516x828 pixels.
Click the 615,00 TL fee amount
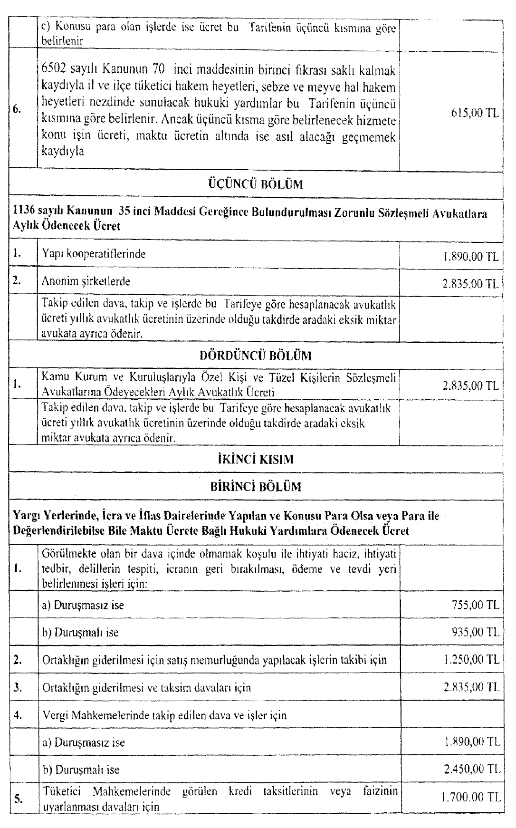click(x=473, y=114)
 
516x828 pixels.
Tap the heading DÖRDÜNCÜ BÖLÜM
click(x=256, y=356)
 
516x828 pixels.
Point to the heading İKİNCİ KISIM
click(x=256, y=460)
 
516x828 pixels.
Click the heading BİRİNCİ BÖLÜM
click(x=256, y=487)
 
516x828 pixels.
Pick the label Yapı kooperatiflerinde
click(x=94, y=254)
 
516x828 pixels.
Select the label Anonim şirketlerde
click(x=86, y=281)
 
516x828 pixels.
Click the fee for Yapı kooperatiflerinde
click(x=470, y=257)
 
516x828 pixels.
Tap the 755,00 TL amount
click(x=473, y=605)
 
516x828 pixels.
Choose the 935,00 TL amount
click(x=473, y=632)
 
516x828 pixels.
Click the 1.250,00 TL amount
click(x=470, y=660)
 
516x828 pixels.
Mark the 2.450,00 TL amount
click(x=470, y=770)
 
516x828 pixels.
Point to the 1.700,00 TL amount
click(x=470, y=797)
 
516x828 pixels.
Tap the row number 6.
click(x=18, y=109)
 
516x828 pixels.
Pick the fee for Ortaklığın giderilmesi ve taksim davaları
click(x=470, y=687)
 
